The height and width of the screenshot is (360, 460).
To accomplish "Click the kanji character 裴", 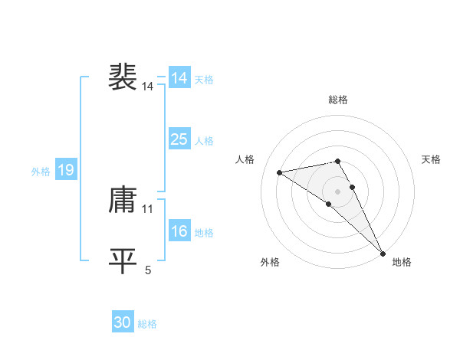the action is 123,77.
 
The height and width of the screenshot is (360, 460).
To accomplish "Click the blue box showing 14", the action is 179,78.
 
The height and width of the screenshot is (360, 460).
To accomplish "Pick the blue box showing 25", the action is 179,139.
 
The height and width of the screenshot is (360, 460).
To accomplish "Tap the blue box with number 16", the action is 179,231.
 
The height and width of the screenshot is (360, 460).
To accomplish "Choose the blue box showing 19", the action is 65,170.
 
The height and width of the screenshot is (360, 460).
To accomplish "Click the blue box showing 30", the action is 123,322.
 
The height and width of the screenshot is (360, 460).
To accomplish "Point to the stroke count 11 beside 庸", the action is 148,208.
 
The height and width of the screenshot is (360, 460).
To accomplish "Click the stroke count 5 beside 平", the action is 148,269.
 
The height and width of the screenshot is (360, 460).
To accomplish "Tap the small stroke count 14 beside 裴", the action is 148,87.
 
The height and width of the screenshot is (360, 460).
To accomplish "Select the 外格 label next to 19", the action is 41,172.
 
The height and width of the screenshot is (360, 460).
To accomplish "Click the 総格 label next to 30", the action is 148,324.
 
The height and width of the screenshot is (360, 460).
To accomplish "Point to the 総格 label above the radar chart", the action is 338,100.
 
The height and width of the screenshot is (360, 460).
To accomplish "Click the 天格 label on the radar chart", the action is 432,159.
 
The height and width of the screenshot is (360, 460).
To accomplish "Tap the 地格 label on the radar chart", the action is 402,262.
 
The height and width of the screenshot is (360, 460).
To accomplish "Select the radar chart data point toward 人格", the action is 280,172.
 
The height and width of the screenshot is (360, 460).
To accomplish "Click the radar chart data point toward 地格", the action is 383,254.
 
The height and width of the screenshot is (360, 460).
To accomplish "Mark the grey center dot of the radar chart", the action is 338,191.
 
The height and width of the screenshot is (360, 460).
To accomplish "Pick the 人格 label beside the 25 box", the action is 204,141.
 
